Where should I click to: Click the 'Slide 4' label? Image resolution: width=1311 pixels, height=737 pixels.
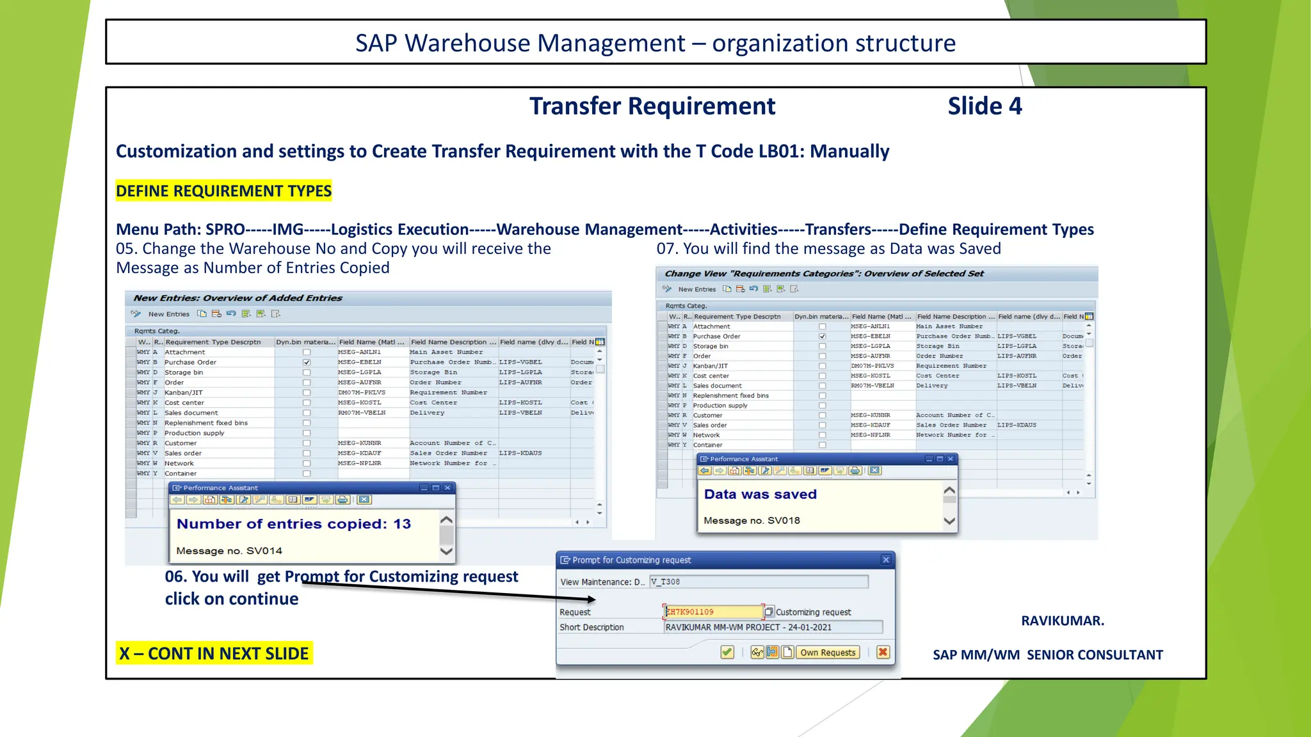985,106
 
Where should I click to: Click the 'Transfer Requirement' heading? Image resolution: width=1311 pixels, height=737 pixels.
652,106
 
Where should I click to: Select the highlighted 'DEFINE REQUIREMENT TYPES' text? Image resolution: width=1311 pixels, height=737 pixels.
223,191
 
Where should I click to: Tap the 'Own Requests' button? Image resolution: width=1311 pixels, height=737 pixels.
827,653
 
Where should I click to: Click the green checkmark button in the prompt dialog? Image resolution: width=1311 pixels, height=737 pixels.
727,653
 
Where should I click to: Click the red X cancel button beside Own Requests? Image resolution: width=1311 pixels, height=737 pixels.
883,653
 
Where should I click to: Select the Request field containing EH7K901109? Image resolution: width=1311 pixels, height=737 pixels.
713,612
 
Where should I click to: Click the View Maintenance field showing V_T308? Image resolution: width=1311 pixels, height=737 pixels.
759,582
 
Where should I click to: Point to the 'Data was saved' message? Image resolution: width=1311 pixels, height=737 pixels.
760,495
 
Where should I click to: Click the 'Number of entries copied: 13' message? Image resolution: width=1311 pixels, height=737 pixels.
293,524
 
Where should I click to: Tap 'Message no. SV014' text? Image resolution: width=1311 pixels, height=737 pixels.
229,551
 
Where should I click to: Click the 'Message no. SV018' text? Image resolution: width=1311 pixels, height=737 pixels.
752,521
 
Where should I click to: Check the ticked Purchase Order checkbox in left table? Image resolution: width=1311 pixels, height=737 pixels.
307,363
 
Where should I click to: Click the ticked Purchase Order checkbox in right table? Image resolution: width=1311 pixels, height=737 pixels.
823,337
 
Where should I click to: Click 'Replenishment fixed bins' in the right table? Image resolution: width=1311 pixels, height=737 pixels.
730,395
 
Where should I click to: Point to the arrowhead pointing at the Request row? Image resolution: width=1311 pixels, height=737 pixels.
591,599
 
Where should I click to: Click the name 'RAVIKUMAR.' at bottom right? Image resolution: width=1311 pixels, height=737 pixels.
1062,621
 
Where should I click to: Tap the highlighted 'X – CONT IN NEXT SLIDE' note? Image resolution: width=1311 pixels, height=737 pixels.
214,654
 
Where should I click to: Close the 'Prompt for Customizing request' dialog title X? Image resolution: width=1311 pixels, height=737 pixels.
886,560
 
